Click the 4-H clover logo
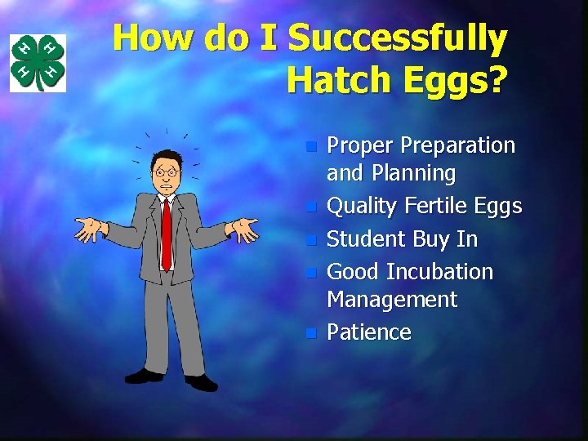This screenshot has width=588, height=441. tap(38, 63)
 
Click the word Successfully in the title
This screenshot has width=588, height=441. tap(398, 38)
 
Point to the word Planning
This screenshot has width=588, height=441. tap(413, 173)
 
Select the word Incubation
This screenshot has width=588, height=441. tap(439, 271)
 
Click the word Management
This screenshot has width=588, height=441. tap(392, 299)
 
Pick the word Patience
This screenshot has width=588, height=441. tap(369, 332)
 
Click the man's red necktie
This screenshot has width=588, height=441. tap(167, 232)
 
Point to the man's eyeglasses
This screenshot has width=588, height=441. tap(167, 172)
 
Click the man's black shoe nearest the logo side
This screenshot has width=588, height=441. tap(145, 376)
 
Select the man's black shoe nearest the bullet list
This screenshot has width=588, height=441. tap(201, 381)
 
